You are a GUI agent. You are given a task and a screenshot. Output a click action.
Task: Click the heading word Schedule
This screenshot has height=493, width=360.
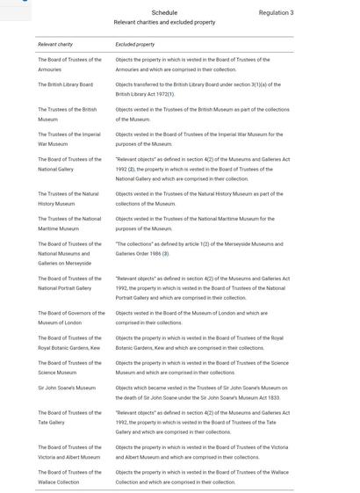click(164, 13)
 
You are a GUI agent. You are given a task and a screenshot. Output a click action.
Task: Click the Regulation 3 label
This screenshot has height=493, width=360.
click(276, 13)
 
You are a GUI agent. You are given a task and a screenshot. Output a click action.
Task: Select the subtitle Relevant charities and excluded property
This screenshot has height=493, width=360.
click(164, 23)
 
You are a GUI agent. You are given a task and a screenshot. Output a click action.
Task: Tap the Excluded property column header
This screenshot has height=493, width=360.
click(134, 44)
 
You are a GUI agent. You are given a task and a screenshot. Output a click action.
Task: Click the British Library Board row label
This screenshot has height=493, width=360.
click(65, 85)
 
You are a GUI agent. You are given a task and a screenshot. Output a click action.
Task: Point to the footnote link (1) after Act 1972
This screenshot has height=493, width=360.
click(171, 94)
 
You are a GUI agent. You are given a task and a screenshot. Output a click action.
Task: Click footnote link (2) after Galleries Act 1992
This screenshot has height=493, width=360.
click(131, 169)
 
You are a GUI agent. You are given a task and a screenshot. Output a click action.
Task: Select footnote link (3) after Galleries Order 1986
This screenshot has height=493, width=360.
click(165, 254)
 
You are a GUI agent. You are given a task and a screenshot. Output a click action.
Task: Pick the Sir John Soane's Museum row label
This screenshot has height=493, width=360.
click(67, 388)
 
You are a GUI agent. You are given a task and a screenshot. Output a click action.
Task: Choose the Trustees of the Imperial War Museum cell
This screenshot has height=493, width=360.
click(68, 139)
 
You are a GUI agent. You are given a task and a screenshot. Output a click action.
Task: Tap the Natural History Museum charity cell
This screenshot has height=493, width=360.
click(68, 199)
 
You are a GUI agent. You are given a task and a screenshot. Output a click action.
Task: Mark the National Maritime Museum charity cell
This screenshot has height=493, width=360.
click(68, 223)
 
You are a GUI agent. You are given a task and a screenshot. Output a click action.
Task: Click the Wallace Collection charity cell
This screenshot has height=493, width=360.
click(68, 476)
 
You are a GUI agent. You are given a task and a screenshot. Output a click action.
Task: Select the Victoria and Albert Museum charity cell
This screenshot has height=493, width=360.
click(68, 452)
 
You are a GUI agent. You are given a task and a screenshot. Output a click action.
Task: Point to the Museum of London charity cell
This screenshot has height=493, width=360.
click(70, 317)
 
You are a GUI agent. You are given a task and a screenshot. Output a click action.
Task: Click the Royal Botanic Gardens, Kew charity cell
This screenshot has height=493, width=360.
click(68, 343)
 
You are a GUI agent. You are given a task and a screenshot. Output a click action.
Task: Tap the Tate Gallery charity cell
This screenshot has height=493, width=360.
click(68, 417)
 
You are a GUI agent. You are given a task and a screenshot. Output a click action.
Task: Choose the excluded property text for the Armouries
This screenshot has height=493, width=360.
click(192, 64)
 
